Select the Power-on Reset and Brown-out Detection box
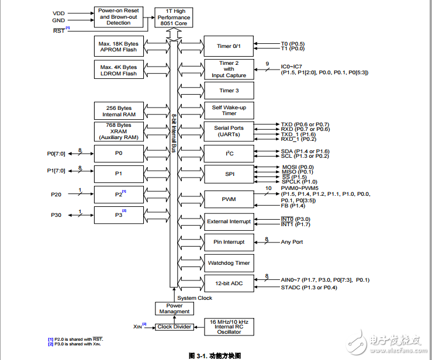coord(119,17)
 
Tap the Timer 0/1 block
coord(229,46)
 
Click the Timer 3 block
coord(229,91)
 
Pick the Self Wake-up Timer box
coord(229,110)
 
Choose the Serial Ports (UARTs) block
coord(229,131)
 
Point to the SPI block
coord(229,174)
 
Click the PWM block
coord(229,199)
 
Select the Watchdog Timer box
coord(229,263)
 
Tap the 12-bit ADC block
coord(229,283)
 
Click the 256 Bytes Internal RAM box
coord(119,111)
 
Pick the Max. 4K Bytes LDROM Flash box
coord(119,71)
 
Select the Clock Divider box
coord(174,327)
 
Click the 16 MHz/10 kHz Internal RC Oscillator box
coord(229,326)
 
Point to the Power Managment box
coord(174,309)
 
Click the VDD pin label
coord(59,12)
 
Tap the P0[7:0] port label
coord(57,153)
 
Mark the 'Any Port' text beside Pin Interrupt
coord(292,242)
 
